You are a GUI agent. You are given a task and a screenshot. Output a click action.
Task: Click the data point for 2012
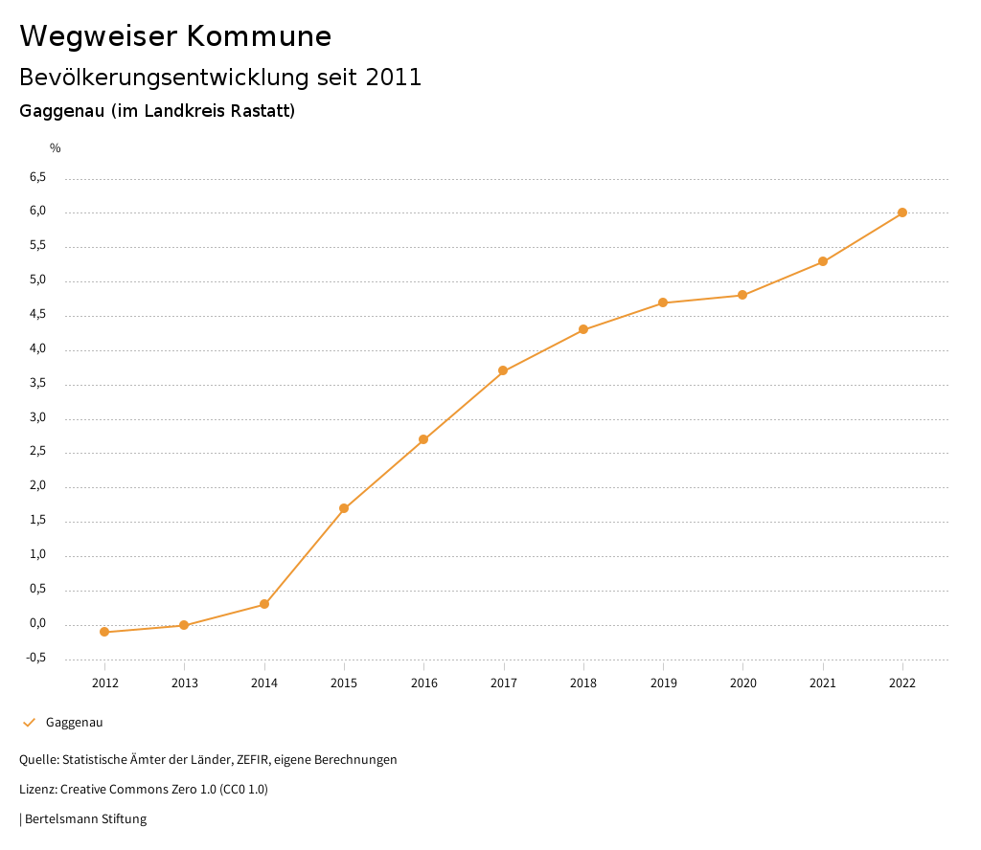click(104, 632)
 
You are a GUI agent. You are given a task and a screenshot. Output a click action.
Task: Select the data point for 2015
click(344, 508)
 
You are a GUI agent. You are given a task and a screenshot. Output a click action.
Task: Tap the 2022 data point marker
click(902, 212)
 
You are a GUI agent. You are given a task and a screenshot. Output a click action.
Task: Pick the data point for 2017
click(503, 370)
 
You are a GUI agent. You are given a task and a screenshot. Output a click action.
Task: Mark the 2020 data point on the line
click(742, 295)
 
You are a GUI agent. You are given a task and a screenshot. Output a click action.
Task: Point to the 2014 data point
click(264, 604)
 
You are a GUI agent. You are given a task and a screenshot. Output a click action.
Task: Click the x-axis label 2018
click(583, 682)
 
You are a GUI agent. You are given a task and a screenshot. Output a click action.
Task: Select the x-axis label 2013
click(184, 682)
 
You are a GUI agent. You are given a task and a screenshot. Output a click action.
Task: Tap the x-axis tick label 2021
click(823, 682)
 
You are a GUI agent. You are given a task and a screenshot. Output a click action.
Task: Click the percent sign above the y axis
click(56, 148)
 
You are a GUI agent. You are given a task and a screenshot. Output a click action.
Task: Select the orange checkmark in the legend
click(29, 723)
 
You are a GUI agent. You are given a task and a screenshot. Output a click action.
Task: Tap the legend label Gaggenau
click(74, 723)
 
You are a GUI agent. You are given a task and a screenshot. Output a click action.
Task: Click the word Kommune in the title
click(259, 36)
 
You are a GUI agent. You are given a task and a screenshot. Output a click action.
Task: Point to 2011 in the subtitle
click(394, 78)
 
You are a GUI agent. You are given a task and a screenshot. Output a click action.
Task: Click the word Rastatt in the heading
click(260, 111)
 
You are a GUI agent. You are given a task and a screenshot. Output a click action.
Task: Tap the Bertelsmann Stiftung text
click(85, 819)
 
